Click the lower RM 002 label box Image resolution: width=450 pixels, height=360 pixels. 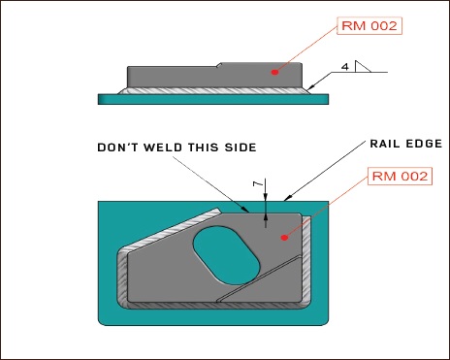401,179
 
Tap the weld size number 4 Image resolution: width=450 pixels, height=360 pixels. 344,67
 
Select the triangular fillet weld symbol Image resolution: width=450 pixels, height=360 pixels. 361,67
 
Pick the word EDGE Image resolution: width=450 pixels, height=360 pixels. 425,143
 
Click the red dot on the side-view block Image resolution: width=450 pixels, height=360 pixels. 275,71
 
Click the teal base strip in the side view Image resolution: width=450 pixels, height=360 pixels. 213,97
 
